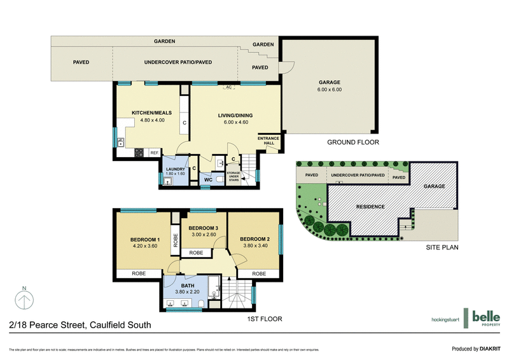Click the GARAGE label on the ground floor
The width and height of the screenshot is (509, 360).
(330, 83)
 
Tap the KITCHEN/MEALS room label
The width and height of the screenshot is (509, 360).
(148, 113)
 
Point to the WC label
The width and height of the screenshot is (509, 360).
(207, 181)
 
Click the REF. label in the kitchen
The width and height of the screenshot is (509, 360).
(154, 153)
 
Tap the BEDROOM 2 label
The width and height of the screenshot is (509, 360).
(255, 239)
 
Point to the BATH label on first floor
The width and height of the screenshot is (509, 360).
(188, 286)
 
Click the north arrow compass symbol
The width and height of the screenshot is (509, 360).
(24, 298)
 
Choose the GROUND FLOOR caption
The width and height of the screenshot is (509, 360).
(353, 143)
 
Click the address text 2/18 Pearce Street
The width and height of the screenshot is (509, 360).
(80, 325)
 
